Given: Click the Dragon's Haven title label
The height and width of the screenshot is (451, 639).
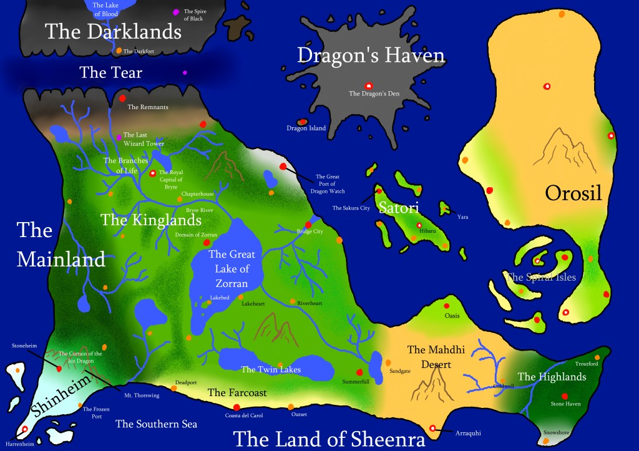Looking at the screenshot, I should pos(371,56).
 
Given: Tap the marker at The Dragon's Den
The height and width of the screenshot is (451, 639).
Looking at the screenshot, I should pos(368,86).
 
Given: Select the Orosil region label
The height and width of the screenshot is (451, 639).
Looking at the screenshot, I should pos(573,193).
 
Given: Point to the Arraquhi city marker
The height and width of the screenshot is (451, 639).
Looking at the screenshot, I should pos(433,428).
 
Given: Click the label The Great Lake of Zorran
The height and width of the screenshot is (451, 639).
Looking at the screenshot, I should pos(229,269).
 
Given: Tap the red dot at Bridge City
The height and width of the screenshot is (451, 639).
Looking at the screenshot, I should pos(308,225).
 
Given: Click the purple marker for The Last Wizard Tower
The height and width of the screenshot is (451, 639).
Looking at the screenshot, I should pos(119,137).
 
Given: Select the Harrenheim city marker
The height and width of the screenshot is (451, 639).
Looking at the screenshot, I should pos(24,430).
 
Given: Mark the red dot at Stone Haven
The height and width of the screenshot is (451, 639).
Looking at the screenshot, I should pos(565,395).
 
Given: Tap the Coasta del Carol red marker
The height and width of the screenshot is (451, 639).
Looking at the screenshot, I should pos(237,407).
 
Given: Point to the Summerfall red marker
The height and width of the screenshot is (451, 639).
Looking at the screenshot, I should pos(359,372).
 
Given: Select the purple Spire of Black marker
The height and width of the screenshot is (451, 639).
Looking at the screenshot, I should pos(175,12).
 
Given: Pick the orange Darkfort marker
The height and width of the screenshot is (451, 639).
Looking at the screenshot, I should pos(119,51).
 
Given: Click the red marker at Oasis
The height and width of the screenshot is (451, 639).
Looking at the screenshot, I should pos(446,306).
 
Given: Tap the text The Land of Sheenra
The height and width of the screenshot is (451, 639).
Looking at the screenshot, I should pos(329,439).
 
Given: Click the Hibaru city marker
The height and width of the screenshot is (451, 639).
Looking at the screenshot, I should pos(419,225).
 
